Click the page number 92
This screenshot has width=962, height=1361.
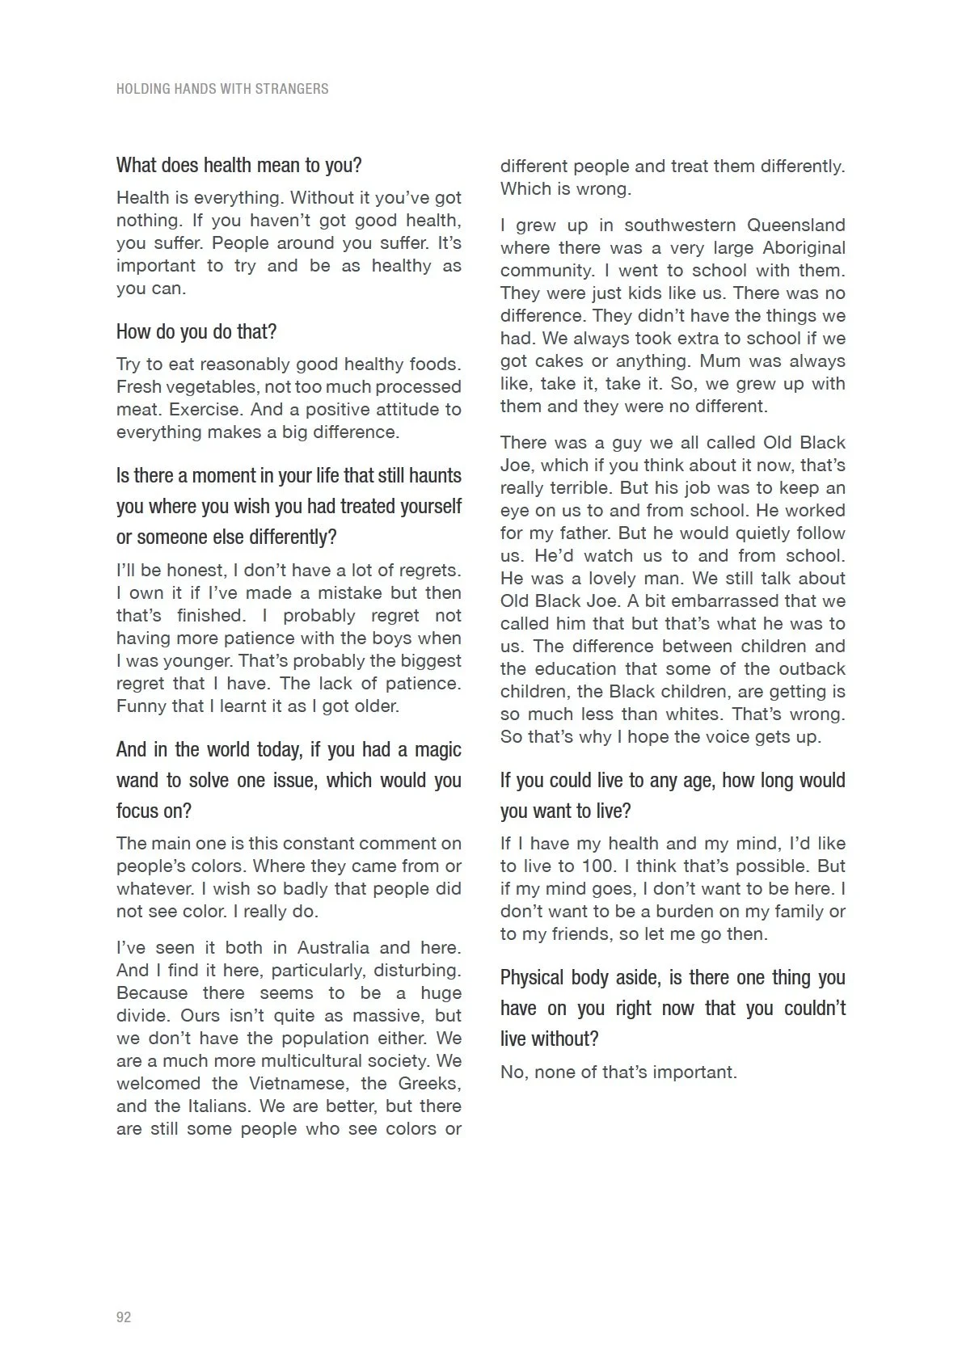coord(124,1317)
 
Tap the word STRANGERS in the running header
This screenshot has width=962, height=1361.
coord(292,89)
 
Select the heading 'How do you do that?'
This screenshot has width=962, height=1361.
coord(196,331)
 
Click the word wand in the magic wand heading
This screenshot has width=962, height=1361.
coord(138,780)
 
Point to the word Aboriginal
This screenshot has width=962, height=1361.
coord(804,247)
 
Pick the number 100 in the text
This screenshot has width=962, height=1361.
coord(598,866)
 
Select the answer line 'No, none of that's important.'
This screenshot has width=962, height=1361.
coord(618,1072)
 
